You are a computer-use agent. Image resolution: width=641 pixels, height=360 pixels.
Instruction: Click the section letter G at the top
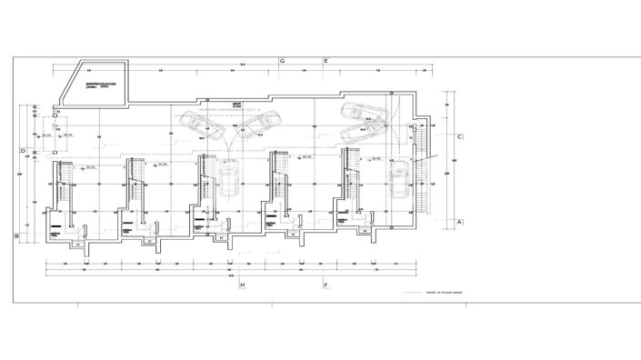click(x=283, y=61)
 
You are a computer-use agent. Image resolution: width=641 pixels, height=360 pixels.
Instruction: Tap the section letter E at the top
click(x=326, y=61)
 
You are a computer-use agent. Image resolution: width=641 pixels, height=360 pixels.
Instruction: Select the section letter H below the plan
click(x=243, y=285)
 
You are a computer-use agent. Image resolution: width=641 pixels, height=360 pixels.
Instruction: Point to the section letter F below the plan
click(x=326, y=285)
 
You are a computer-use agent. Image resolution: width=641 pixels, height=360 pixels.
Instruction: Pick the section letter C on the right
click(x=461, y=137)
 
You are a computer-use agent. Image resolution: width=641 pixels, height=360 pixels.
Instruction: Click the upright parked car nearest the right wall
click(x=397, y=183)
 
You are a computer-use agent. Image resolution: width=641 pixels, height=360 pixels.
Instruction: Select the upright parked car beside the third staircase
click(x=227, y=181)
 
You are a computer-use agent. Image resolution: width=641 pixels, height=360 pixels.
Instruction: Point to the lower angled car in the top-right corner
click(x=366, y=133)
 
